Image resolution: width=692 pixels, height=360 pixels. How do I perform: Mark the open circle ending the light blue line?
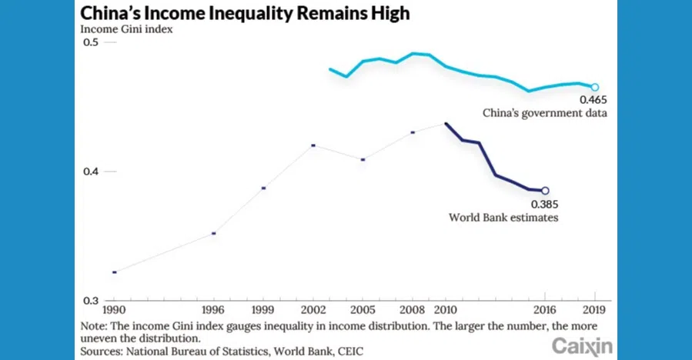coord(594,88)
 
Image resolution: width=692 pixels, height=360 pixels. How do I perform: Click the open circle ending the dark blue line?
coord(545,191)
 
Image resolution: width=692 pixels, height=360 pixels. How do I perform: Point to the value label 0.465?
coord(593,100)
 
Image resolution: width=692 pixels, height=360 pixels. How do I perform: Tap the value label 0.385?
coord(544,205)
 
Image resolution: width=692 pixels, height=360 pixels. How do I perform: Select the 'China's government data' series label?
coord(545,113)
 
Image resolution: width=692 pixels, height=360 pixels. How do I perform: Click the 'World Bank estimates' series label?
coord(503,218)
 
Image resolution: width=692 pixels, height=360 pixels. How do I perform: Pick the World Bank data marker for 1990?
coord(115,272)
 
